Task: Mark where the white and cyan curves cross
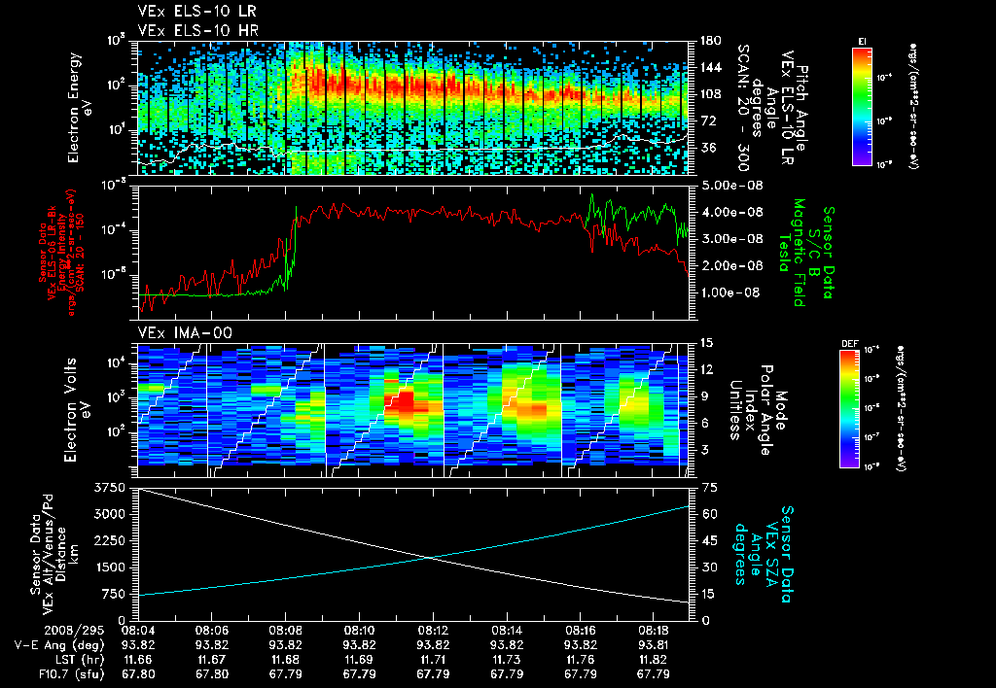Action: pyautogui.click(x=429, y=557)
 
